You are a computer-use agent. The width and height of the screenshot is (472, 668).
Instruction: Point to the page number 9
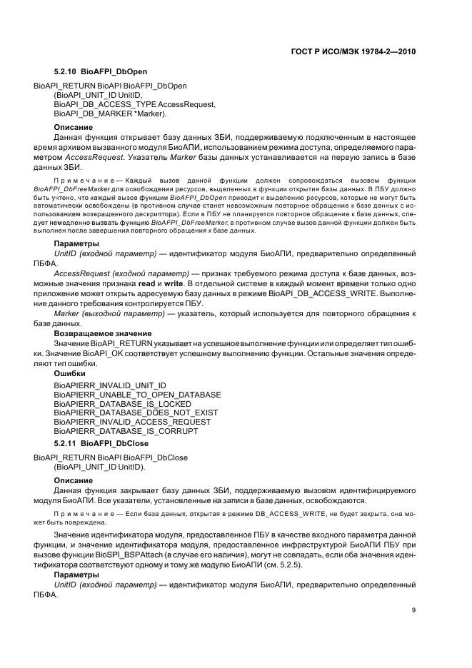[413, 609]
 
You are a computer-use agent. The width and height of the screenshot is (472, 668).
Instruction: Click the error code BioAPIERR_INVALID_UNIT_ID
[110, 385]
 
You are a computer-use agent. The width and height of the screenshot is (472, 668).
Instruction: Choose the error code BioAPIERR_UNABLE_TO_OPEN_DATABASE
[137, 395]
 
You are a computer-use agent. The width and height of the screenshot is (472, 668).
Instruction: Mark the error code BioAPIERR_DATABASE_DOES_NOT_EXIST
[136, 413]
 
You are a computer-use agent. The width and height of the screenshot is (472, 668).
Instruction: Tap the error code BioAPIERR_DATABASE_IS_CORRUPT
[126, 432]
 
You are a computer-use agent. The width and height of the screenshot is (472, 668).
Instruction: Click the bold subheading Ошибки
[70, 373]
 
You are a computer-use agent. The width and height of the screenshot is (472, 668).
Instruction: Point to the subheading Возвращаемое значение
[103, 333]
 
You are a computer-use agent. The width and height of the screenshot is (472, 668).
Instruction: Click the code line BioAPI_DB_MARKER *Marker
[110, 113]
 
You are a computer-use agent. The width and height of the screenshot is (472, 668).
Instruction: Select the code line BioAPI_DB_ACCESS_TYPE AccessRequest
[134, 104]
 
